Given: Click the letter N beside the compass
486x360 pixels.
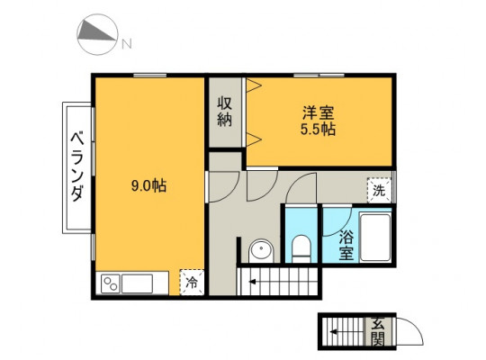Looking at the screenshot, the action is point(127,44).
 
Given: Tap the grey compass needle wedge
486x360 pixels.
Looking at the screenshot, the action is point(94,33).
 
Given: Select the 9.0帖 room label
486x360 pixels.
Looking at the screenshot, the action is point(148,186).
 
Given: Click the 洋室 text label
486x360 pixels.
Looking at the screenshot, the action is point(319,112).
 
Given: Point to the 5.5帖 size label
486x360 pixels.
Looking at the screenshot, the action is point(318,129).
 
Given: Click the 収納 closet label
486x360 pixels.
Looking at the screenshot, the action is point(224,112).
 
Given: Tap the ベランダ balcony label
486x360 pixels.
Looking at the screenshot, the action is point(77,166).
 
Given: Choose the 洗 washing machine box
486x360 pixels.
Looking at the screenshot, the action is point(379,191).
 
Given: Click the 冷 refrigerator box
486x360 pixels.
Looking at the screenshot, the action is point(192,283).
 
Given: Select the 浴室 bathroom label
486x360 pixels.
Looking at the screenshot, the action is point(346,246).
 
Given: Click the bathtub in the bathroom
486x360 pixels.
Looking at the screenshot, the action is point(375,238).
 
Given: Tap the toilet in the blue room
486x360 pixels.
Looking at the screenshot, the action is point(301,248).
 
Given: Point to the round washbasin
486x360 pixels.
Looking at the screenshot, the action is point(261,250).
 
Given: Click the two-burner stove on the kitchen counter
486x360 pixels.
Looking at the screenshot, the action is point(111,283).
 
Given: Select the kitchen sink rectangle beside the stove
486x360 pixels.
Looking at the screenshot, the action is point(137,283).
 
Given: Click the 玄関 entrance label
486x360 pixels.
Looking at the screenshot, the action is point(378,331).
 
